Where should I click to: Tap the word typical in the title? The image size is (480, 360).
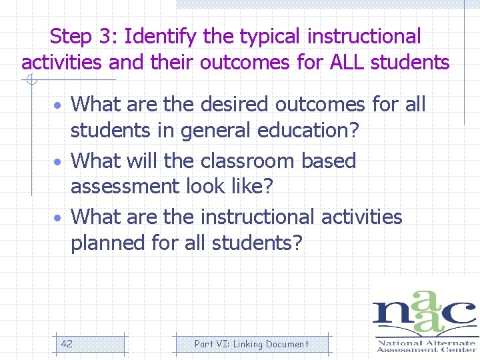[263, 36]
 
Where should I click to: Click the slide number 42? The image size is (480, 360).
[67, 344]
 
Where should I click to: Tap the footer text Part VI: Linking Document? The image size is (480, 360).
[251, 344]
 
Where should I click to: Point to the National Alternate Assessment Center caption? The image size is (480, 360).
[427, 346]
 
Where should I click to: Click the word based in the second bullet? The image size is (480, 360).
[329, 161]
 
